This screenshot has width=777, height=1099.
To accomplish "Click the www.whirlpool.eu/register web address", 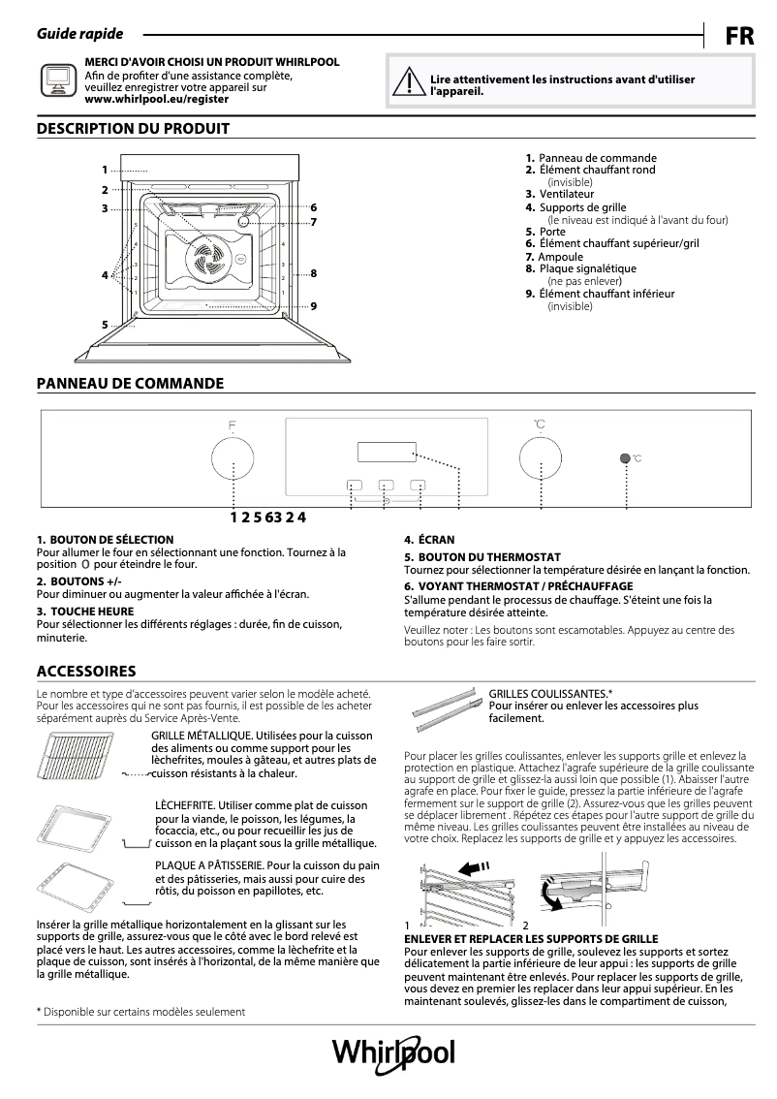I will [156, 99].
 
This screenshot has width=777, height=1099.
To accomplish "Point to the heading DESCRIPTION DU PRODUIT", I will [133, 128].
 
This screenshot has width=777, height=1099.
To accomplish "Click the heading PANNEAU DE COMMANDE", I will [130, 384].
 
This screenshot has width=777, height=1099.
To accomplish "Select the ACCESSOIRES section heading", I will [85, 672].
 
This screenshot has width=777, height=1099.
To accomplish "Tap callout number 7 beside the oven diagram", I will [313, 222].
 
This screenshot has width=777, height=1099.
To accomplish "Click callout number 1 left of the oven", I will [105, 170].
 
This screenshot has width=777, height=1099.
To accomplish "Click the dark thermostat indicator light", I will [626, 457].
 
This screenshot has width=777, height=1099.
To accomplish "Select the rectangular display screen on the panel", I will [386, 453].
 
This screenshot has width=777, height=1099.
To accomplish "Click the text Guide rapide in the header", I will [79, 34].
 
